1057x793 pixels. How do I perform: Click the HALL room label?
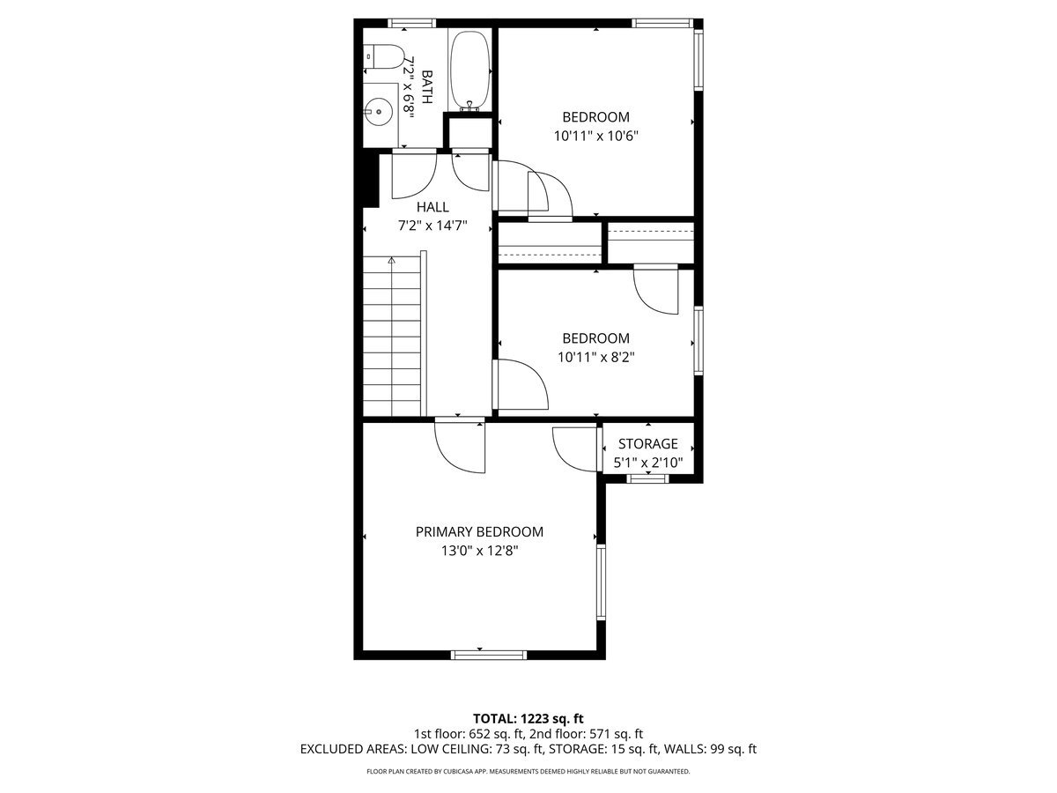(x=432, y=207)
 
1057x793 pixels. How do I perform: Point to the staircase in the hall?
(x=393, y=336)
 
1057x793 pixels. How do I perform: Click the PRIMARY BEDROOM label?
(x=479, y=532)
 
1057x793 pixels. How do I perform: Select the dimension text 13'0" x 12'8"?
(x=479, y=551)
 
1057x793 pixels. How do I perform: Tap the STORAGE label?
(x=647, y=444)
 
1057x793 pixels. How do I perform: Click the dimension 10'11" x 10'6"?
(x=595, y=137)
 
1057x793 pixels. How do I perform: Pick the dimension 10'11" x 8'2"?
(x=595, y=358)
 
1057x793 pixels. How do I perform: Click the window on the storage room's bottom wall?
(x=647, y=478)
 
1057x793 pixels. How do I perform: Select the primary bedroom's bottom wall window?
(x=488, y=655)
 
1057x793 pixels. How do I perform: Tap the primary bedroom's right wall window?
(x=602, y=582)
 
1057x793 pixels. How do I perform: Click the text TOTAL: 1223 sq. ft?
(x=528, y=718)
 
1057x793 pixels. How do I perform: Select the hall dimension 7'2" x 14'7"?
(x=432, y=226)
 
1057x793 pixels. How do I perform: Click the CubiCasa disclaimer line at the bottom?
(x=528, y=771)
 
